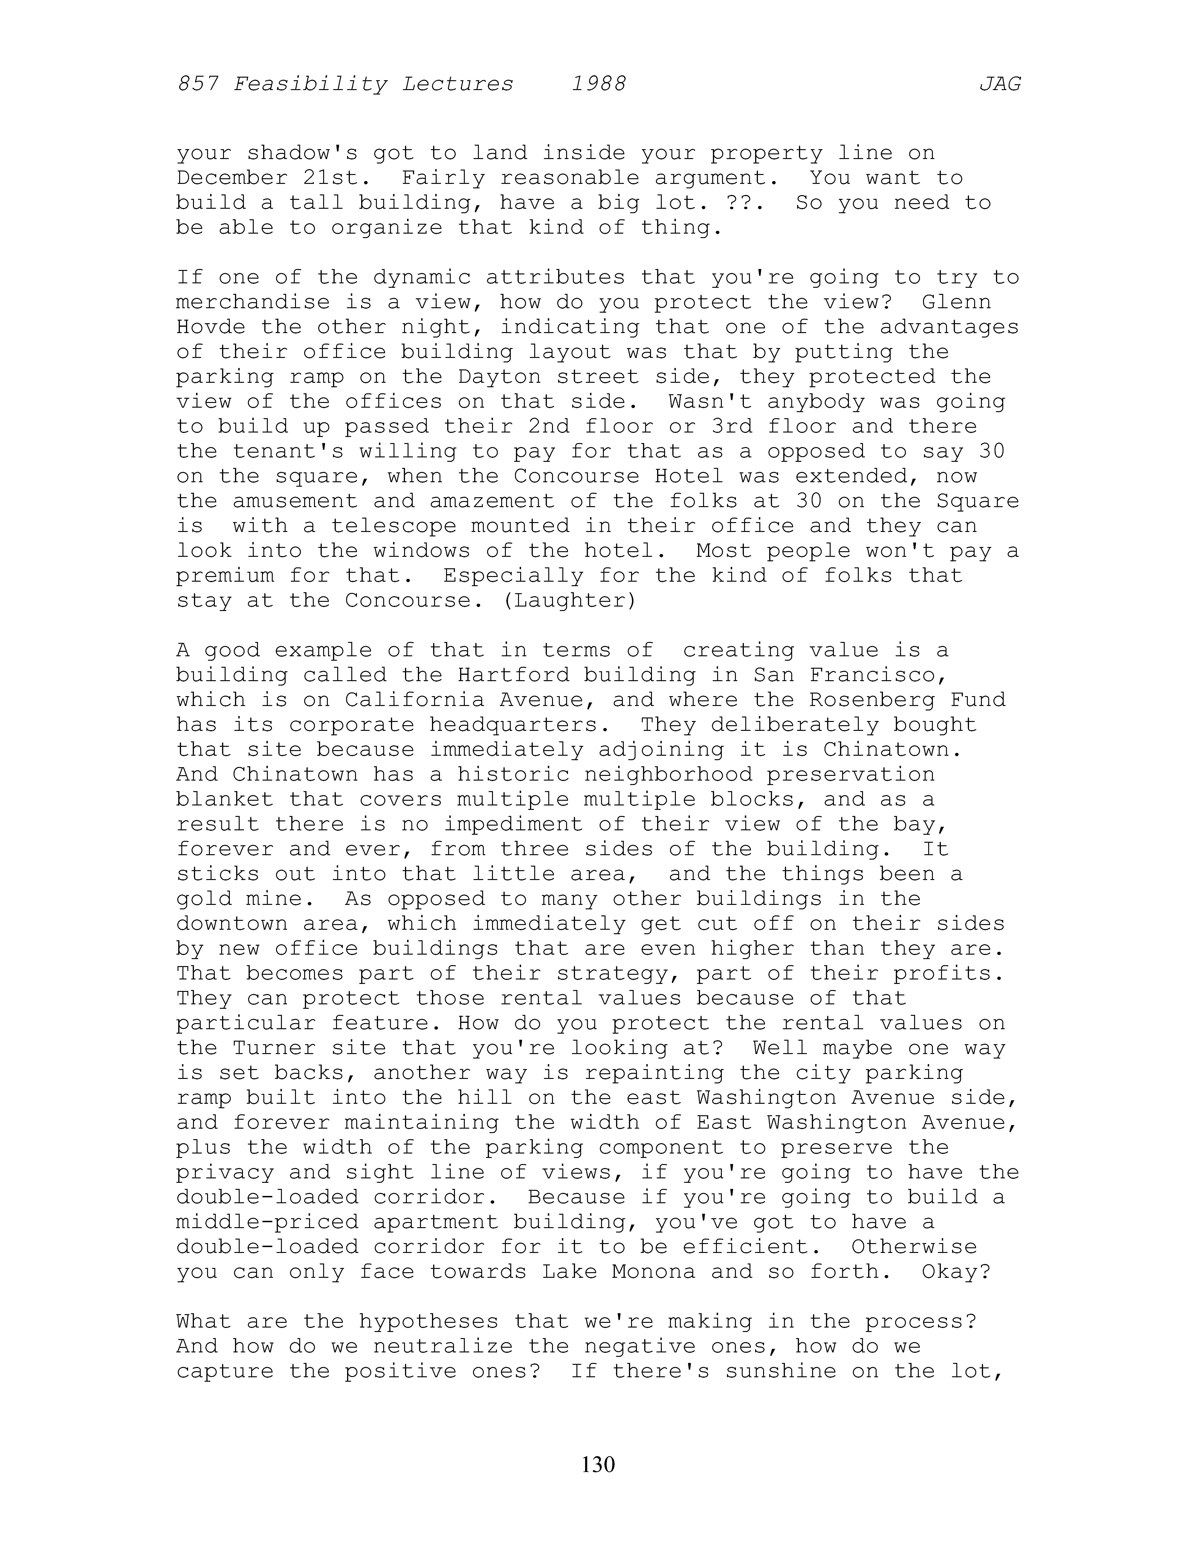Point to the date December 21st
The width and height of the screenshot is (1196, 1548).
267,178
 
